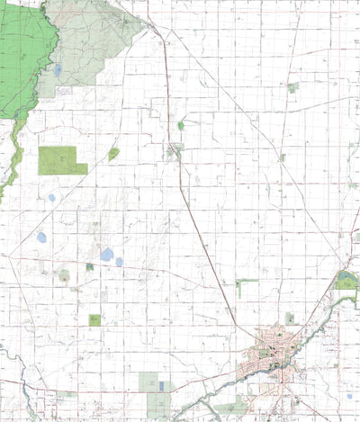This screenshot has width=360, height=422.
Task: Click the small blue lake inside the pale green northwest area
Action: click(57, 69)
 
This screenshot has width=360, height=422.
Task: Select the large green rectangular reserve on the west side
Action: click(61, 160)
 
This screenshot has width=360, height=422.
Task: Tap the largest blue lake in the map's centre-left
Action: click(107, 255)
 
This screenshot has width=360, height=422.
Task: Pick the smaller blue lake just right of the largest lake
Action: click(119, 262)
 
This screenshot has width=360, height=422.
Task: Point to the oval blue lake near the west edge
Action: click(41, 238)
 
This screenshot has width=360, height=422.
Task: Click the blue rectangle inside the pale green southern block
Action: click(161, 385)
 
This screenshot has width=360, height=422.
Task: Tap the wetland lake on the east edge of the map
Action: click(347, 281)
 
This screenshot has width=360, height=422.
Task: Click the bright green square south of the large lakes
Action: click(94, 319)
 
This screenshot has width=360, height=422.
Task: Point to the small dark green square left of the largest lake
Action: click(89, 266)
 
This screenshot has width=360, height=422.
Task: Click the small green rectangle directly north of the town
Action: click(289, 318)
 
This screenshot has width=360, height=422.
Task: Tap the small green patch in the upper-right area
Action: click(292, 87)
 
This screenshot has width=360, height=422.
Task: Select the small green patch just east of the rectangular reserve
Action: click(113, 154)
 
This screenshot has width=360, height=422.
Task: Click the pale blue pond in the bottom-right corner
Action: click(349, 395)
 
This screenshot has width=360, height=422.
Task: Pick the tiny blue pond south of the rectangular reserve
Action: click(51, 197)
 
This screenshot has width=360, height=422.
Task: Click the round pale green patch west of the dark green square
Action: click(64, 275)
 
